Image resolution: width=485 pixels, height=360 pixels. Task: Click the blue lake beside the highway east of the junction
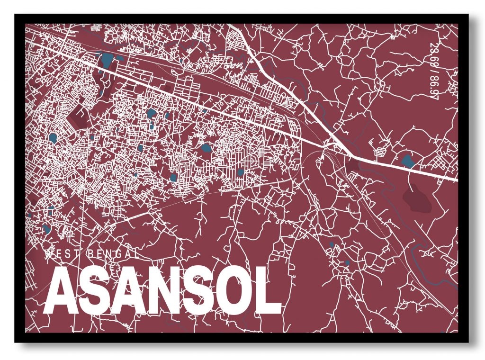407,161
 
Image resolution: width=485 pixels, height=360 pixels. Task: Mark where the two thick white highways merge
350,154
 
